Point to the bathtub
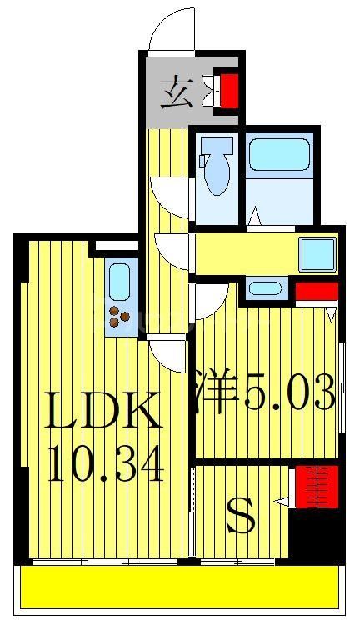279,154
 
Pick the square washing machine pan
317,252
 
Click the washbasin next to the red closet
265,290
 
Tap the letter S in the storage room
241,520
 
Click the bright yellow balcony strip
179,587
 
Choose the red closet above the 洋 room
317,292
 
